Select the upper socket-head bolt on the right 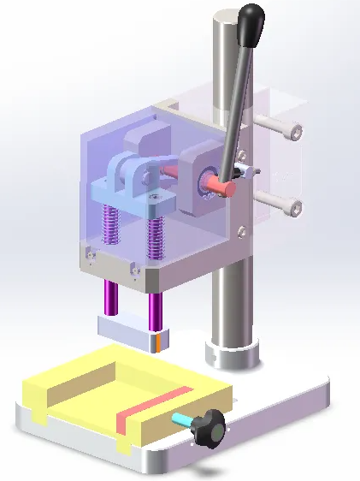click(292, 132)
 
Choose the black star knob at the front click(208, 425)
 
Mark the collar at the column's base click(230, 353)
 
